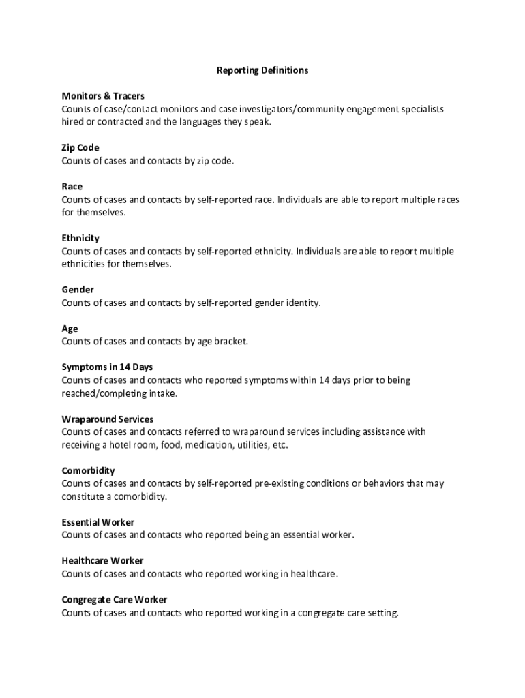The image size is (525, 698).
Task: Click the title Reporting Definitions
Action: click(262, 70)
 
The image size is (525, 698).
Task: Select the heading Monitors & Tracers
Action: click(103, 96)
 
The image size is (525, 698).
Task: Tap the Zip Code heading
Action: click(80, 148)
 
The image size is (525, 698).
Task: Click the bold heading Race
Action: click(72, 187)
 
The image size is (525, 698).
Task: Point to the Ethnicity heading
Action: click(80, 238)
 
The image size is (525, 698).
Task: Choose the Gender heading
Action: click(78, 290)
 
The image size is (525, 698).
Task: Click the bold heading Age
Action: click(70, 329)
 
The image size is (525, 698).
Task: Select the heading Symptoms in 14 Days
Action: click(107, 367)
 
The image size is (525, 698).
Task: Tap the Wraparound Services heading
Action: click(108, 419)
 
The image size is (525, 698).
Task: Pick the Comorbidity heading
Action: click(88, 471)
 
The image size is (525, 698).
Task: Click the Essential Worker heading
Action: click(98, 523)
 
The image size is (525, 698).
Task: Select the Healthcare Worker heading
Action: click(102, 561)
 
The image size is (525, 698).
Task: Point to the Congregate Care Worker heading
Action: click(115, 600)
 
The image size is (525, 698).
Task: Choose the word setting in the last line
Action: click(381, 613)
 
